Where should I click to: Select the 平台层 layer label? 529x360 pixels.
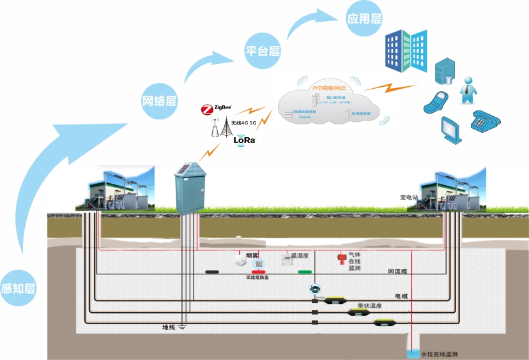(263, 51)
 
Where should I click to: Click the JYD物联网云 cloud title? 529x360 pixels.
(328, 87)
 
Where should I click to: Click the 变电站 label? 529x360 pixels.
(408, 198)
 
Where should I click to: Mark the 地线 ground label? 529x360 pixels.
(169, 327)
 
